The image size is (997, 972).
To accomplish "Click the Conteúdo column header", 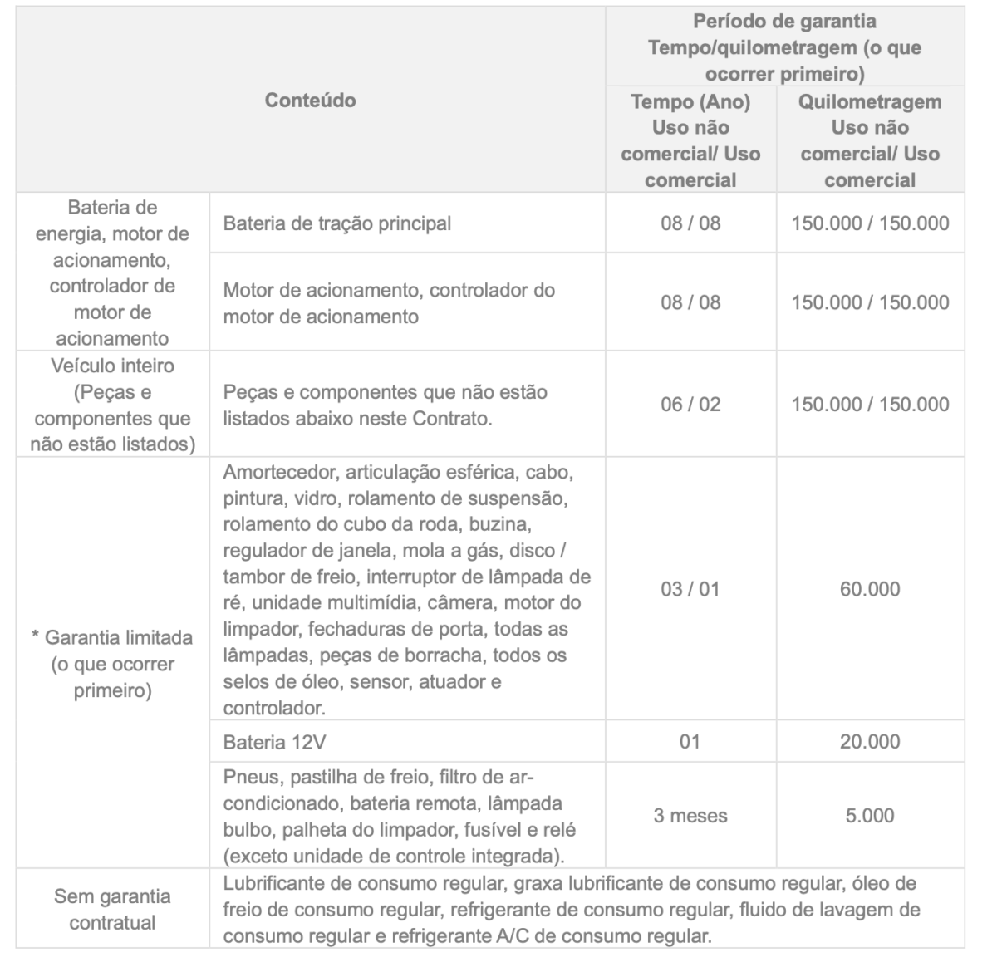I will (x=310, y=101).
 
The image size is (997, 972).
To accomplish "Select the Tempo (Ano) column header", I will (x=690, y=140).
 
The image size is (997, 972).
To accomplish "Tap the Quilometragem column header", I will (x=870, y=140).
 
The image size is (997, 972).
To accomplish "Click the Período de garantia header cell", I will (x=784, y=47).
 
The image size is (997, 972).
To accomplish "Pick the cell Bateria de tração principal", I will (x=337, y=223).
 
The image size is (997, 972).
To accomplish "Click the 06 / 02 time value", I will (x=690, y=405).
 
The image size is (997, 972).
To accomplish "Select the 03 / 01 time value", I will (x=690, y=589).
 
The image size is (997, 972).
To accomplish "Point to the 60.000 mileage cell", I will (x=870, y=589).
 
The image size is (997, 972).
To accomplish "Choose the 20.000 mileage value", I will (x=870, y=741).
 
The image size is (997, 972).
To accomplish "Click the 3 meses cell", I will (x=690, y=816).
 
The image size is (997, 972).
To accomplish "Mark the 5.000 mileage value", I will (x=870, y=816).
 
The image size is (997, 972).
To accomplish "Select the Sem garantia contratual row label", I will (x=112, y=909).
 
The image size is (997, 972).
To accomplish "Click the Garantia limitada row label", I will (x=112, y=664).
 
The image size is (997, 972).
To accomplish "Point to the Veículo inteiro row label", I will (x=112, y=405).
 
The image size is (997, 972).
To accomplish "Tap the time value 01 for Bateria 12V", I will (x=690, y=741).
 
